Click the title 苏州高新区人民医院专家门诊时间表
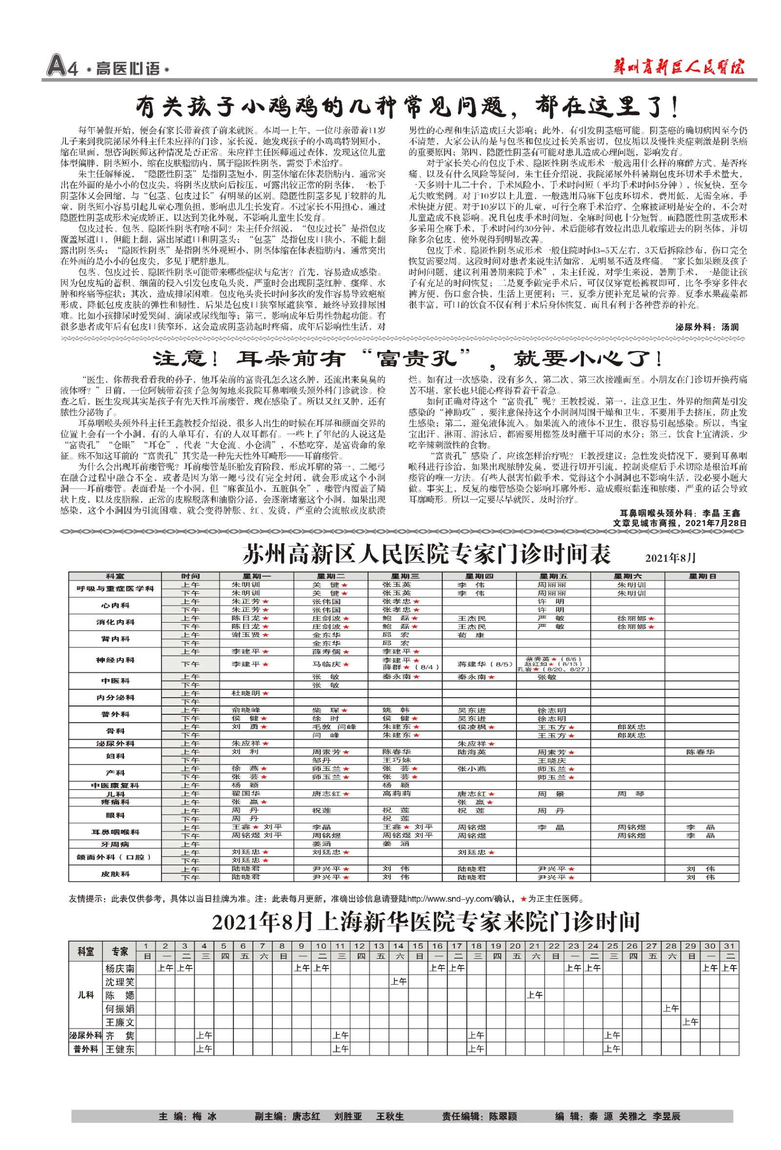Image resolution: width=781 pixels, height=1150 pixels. (427, 554)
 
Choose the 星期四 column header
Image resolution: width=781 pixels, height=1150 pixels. (478, 576)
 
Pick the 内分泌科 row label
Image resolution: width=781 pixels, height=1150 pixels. (115, 697)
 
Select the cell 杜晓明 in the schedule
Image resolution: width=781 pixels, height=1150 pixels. (246, 693)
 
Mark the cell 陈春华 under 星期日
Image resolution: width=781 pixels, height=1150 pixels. (700, 752)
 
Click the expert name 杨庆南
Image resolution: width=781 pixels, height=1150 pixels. (120, 968)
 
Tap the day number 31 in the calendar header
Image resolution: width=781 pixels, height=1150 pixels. (729, 946)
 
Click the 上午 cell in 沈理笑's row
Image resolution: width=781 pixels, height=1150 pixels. (398, 982)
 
